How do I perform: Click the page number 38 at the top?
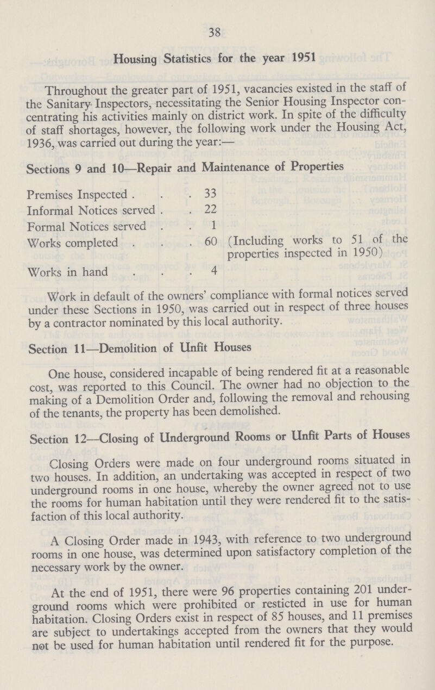click(x=218, y=32)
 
